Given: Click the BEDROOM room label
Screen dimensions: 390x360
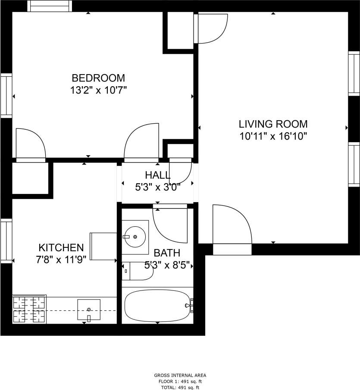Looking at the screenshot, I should [x=98, y=78].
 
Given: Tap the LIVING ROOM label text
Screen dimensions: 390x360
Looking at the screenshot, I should [x=273, y=124].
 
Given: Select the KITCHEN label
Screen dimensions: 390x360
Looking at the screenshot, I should [x=61, y=247].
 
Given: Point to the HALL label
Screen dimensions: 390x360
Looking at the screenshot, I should [x=157, y=175].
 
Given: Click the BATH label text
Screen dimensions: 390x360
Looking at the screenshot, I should [x=167, y=253].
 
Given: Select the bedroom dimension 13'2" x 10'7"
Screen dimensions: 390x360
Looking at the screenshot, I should [x=98, y=90].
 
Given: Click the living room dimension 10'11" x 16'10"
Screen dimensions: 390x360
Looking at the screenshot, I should [x=273, y=137].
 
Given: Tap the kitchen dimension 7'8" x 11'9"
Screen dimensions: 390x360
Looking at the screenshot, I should [x=61, y=259].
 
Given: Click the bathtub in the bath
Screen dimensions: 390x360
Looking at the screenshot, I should [x=157, y=306].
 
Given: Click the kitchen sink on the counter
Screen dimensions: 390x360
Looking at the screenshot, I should [x=89, y=309].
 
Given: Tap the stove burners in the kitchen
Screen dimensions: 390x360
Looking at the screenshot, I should [x=29, y=309].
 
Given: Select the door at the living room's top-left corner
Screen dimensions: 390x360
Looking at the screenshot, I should [x=210, y=28].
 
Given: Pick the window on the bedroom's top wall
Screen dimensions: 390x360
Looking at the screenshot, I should [x=49, y=6].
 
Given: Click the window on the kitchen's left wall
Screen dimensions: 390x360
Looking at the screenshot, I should [x=6, y=240].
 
